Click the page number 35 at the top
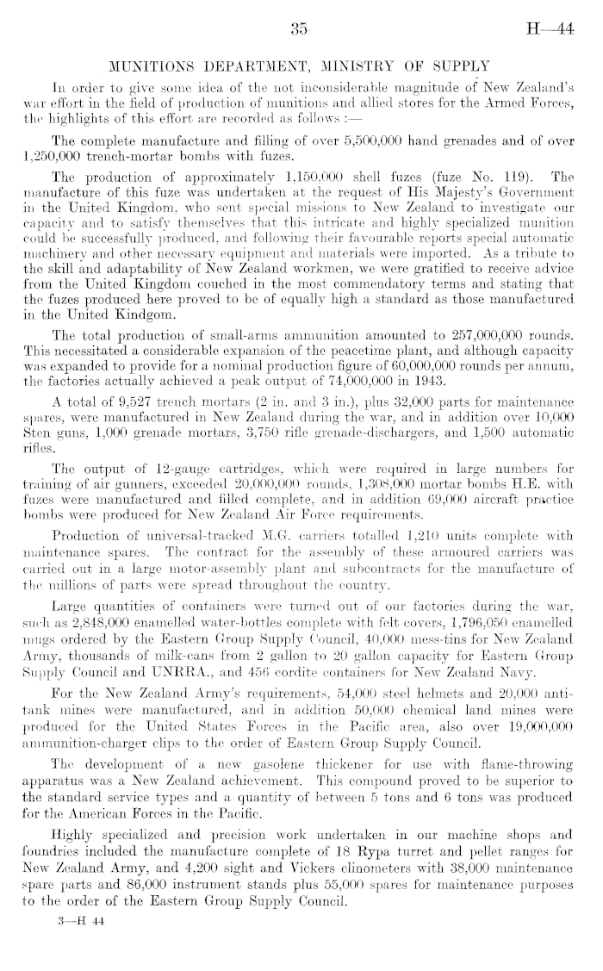[300, 28]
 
